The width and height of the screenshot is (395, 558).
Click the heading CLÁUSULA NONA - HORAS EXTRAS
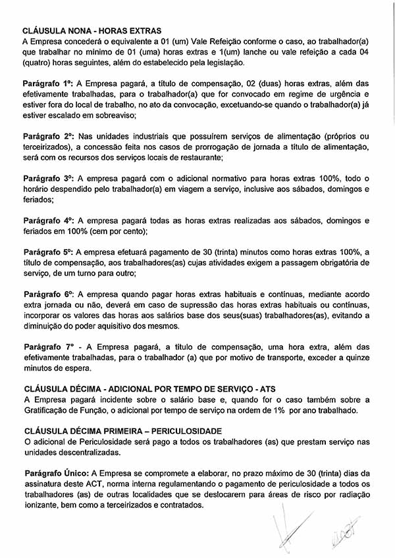pyautogui.click(x=92, y=30)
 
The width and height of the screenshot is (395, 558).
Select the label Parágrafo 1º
pyautogui.click(x=48, y=83)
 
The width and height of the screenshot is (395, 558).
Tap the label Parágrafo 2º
pyautogui.click(x=48, y=136)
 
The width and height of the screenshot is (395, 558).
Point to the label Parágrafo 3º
pyautogui.click(x=48, y=178)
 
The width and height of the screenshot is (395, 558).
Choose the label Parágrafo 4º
pyautogui.click(x=48, y=220)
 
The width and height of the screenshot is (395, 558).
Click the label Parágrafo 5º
pyautogui.click(x=48, y=252)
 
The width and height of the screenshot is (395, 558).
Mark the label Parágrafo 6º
pyautogui.click(x=48, y=294)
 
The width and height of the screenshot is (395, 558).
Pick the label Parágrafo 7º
pyautogui.click(x=48, y=346)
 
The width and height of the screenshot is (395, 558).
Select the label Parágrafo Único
pyautogui.click(x=56, y=473)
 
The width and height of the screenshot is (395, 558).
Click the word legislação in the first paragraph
pyautogui.click(x=221, y=62)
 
